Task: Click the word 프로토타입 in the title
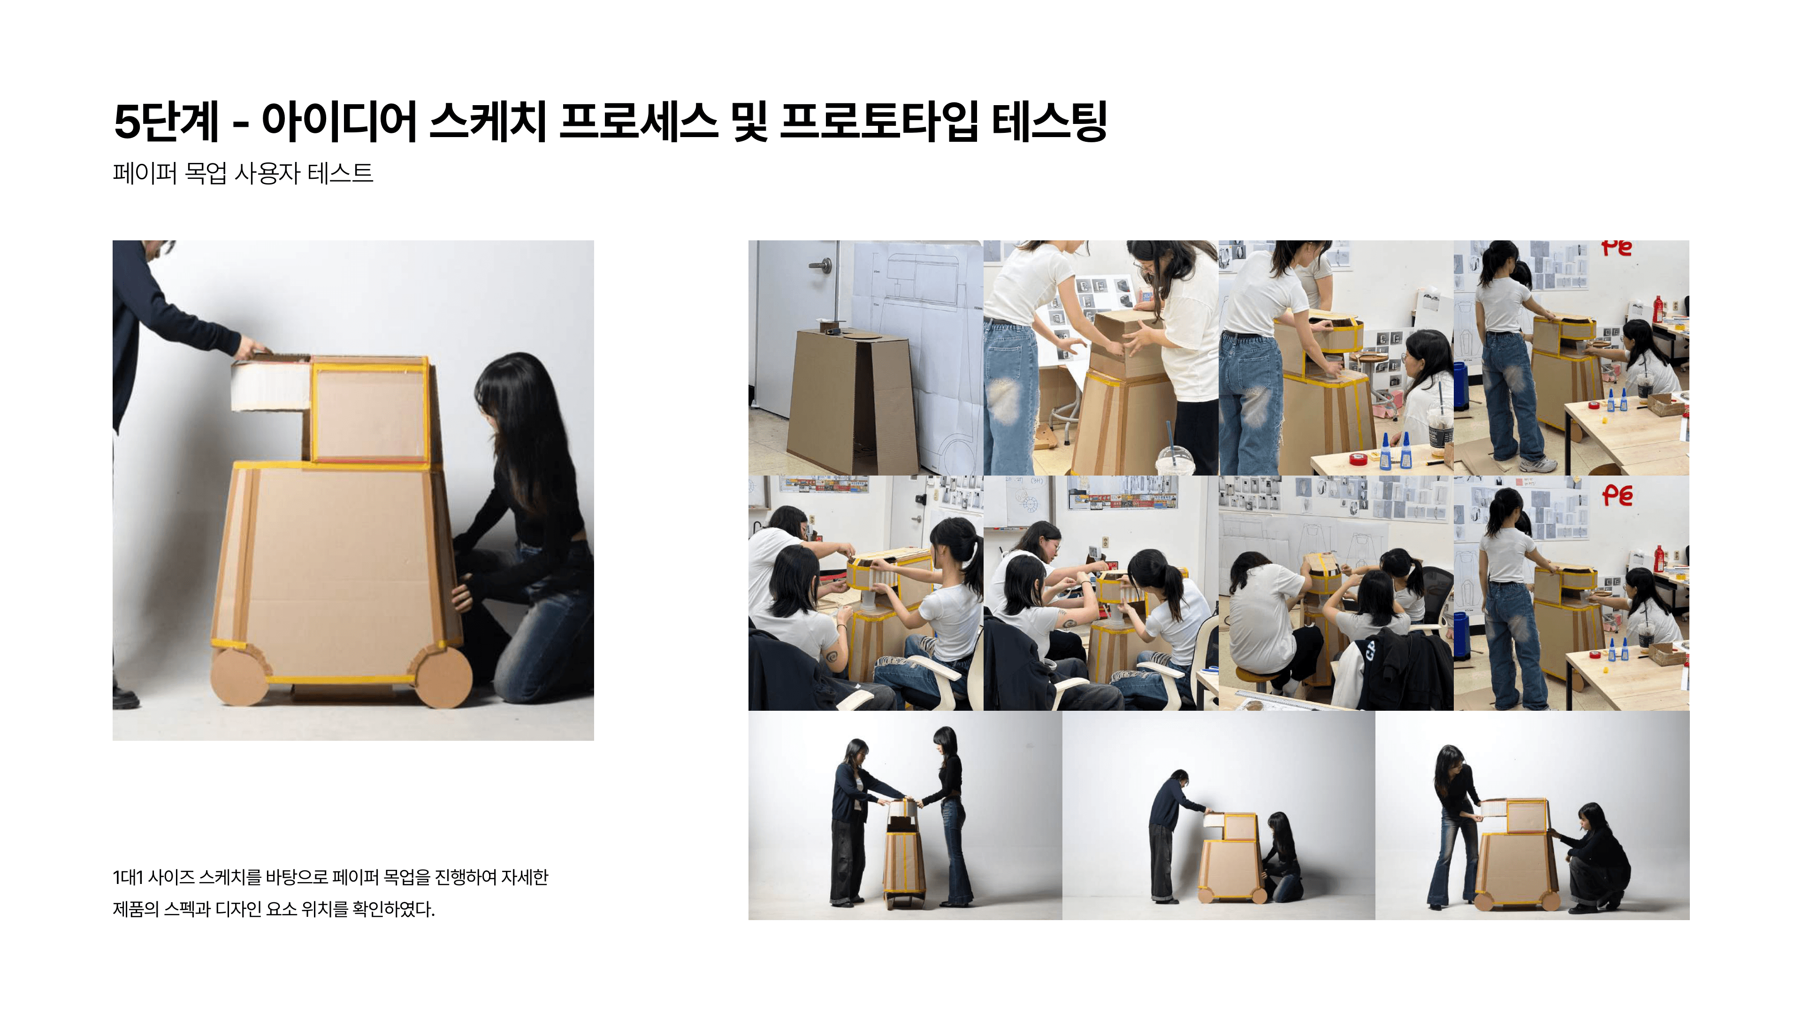pos(878,122)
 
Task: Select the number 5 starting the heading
pos(127,122)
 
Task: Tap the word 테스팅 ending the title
pos(1049,122)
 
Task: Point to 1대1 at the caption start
pos(128,877)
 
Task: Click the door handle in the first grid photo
pos(821,265)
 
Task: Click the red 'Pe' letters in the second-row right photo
pos(1617,495)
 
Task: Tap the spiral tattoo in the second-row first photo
pos(831,656)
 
